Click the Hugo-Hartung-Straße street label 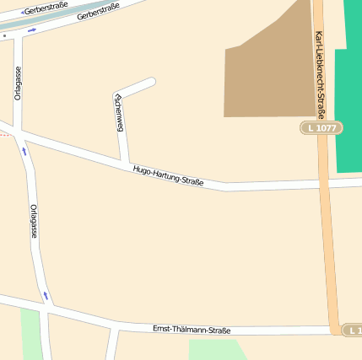(168, 176)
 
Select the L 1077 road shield (321, 127)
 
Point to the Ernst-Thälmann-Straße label (192, 330)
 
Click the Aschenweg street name (119, 113)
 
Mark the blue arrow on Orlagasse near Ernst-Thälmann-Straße (46, 296)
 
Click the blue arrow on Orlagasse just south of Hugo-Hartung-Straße (24, 152)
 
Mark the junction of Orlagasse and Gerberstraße (18, 36)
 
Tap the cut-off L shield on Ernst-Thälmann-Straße (354, 330)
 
